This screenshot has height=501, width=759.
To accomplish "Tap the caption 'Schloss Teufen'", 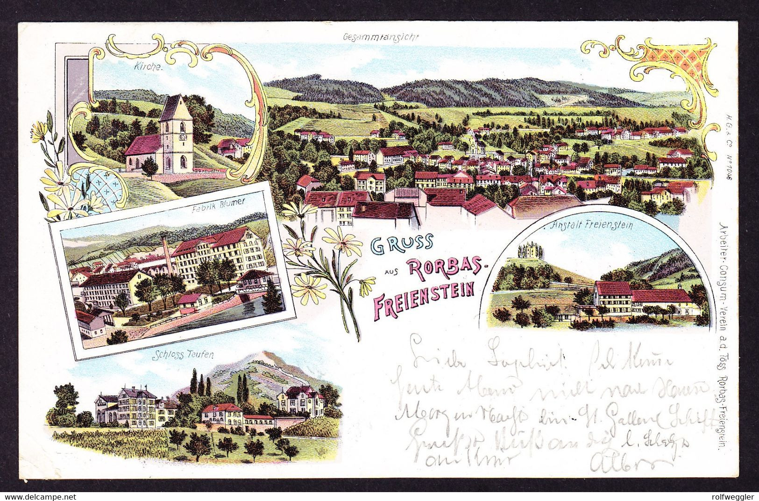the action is click(x=190, y=355).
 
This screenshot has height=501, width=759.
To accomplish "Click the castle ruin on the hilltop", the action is click(x=531, y=250).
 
